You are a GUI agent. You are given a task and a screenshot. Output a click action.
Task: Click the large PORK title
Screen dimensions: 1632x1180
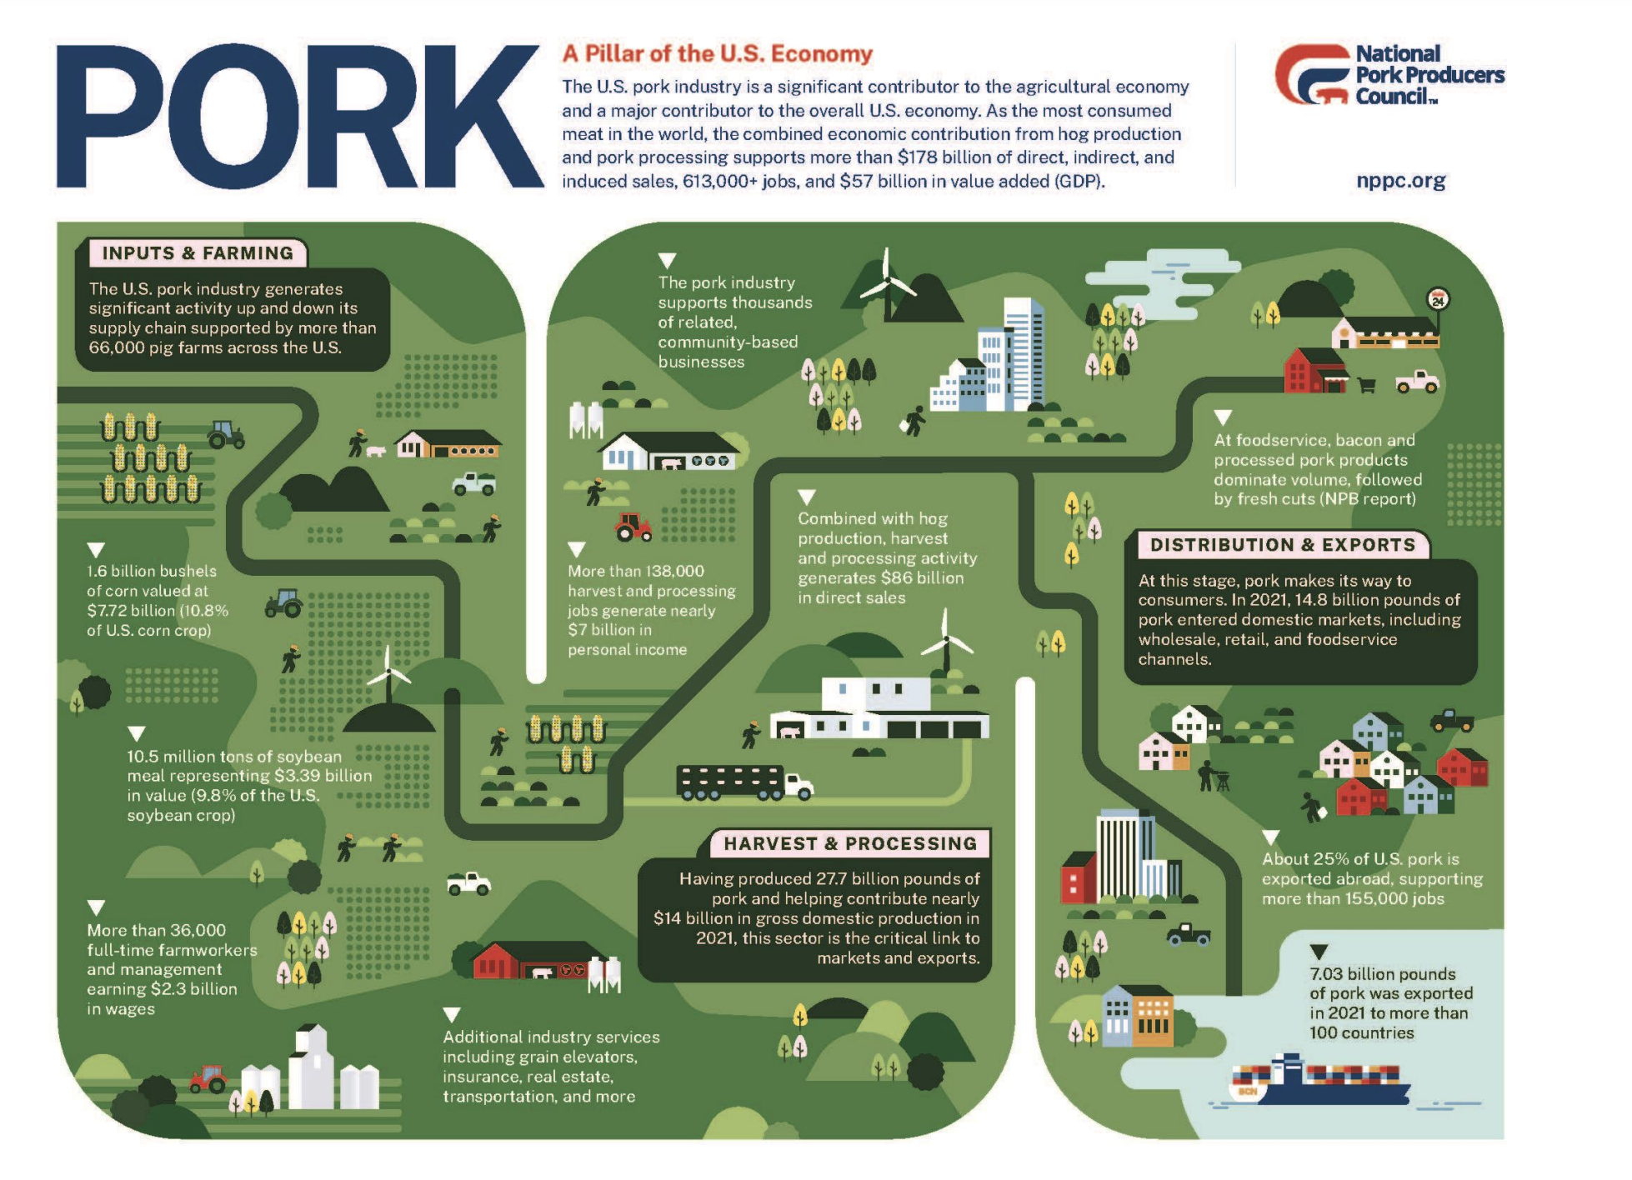click(x=300, y=117)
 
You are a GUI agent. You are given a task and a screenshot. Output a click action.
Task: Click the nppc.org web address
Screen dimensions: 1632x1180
click(x=1400, y=181)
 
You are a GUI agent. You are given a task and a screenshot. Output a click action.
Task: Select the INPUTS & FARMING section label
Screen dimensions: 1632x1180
click(x=197, y=253)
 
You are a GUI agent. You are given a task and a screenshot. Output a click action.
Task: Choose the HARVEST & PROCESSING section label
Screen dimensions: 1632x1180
click(x=849, y=843)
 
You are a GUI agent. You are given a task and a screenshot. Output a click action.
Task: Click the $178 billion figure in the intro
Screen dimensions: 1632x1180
click(x=929, y=157)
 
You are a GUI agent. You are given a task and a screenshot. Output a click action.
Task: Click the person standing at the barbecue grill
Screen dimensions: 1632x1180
click(x=1207, y=775)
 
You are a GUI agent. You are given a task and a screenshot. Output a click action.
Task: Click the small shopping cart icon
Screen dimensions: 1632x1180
click(x=1366, y=385)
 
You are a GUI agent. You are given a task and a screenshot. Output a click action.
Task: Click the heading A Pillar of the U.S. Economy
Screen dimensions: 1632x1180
click(x=717, y=54)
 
